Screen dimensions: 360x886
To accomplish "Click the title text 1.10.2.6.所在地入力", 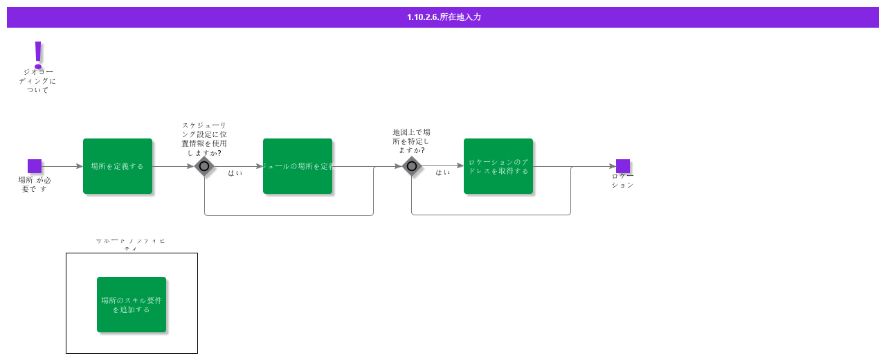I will point(444,17).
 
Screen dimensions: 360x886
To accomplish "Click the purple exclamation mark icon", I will point(38,53).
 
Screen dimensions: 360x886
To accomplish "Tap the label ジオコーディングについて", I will point(37,81).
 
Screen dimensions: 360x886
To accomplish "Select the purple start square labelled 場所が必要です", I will point(35,166).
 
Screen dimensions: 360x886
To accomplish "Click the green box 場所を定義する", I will point(118,166).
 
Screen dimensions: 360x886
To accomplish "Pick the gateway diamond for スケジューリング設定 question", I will point(204,166).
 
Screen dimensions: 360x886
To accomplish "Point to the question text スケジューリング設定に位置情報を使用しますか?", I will point(204,138).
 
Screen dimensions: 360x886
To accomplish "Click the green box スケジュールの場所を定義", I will point(298,166).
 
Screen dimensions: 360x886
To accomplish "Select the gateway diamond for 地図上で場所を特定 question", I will point(412,166).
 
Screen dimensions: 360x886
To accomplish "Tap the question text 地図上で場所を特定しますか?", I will point(411,141).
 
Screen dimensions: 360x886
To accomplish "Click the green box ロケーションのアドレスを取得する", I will point(498,166).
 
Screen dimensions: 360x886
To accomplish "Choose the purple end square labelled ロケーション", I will point(623,166).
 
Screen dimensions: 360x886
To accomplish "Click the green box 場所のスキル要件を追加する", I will point(132,305).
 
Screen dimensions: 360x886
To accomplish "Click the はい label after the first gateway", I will point(235,173).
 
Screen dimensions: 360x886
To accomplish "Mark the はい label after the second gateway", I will point(443,172).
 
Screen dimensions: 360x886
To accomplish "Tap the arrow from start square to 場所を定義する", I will point(62,166).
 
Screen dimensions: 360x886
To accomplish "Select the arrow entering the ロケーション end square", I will point(595,166).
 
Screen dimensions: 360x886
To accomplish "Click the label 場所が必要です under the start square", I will point(35,184).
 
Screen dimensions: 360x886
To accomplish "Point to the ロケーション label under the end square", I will point(622,181).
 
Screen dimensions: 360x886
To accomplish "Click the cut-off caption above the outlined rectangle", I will point(131,244).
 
